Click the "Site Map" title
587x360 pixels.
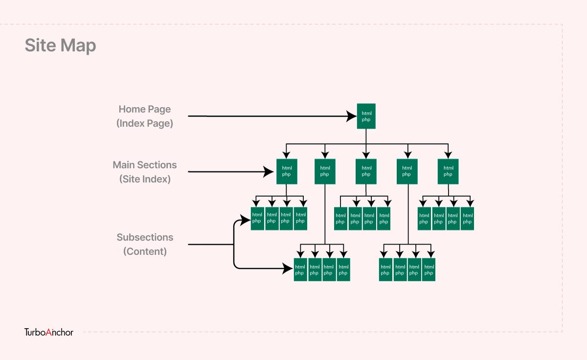tap(60, 45)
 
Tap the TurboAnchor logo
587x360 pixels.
tap(49, 332)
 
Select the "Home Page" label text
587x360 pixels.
tap(145, 109)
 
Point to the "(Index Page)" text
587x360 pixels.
tap(145, 123)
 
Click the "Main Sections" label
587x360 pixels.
tap(145, 165)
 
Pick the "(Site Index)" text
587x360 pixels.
tap(145, 179)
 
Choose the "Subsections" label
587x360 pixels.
tap(145, 237)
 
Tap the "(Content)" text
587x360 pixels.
tap(145, 251)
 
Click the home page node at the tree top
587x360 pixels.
tap(366, 116)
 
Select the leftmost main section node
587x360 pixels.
tap(287, 171)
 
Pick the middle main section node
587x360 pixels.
tap(366, 171)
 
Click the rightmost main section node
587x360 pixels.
tap(448, 171)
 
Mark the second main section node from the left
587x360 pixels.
tap(325, 171)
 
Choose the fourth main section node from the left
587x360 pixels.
tap(407, 171)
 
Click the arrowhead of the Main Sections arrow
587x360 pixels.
tap(269, 172)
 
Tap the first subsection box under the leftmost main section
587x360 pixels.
tap(257, 218)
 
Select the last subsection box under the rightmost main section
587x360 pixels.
tap(468, 218)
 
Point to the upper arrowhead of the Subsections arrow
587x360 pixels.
tap(245, 219)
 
